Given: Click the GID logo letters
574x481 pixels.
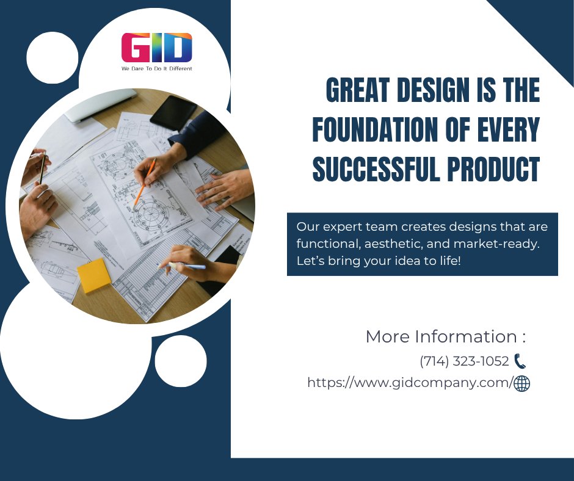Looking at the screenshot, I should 156,48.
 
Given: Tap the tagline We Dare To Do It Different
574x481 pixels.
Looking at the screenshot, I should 156,68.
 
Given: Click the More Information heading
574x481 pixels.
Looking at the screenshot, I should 445,336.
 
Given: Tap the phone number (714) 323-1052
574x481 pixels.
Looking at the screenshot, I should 464,361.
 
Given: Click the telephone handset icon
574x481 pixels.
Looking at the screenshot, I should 520,361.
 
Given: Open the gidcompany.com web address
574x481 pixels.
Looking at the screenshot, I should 409,383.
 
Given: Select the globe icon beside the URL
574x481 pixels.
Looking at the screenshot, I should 522,383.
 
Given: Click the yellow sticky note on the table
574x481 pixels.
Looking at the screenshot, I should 94,275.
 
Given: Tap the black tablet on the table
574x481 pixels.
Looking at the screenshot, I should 173,112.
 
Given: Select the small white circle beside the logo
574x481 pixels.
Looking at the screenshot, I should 53,57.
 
